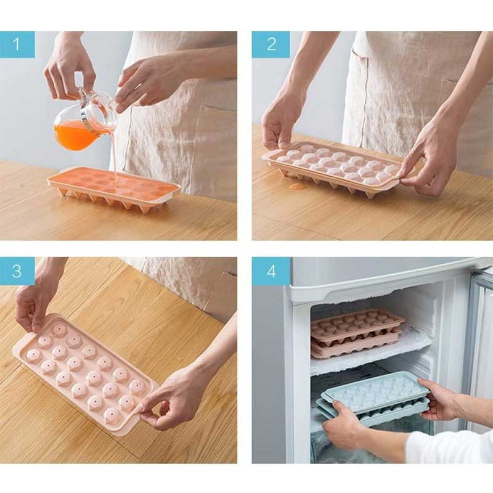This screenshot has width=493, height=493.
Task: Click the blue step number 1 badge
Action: coord(17,44)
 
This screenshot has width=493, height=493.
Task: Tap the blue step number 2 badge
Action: coord(271,44)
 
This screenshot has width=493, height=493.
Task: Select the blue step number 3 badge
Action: coord(17,271)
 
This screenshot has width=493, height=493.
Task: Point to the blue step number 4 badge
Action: coord(271,271)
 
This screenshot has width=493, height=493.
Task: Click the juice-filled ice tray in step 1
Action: coord(114,188)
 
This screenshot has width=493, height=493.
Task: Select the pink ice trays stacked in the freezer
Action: coord(357,333)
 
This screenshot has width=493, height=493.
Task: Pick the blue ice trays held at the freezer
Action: coord(373,397)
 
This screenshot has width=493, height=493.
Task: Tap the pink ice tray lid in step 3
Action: coord(86,374)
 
